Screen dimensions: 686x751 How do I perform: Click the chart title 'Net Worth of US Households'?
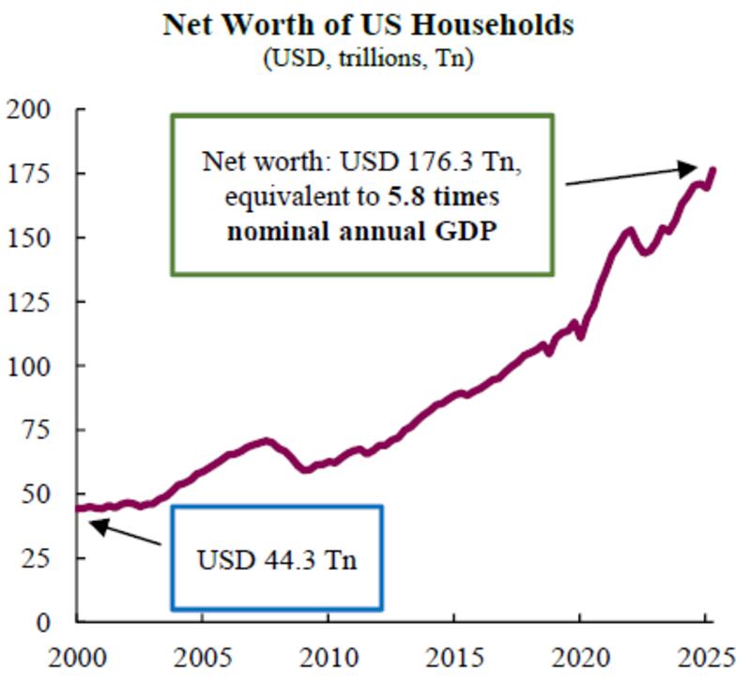coord(368,24)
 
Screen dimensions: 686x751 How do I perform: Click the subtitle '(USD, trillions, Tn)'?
coord(368,59)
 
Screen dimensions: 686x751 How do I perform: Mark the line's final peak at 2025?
coord(713,170)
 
